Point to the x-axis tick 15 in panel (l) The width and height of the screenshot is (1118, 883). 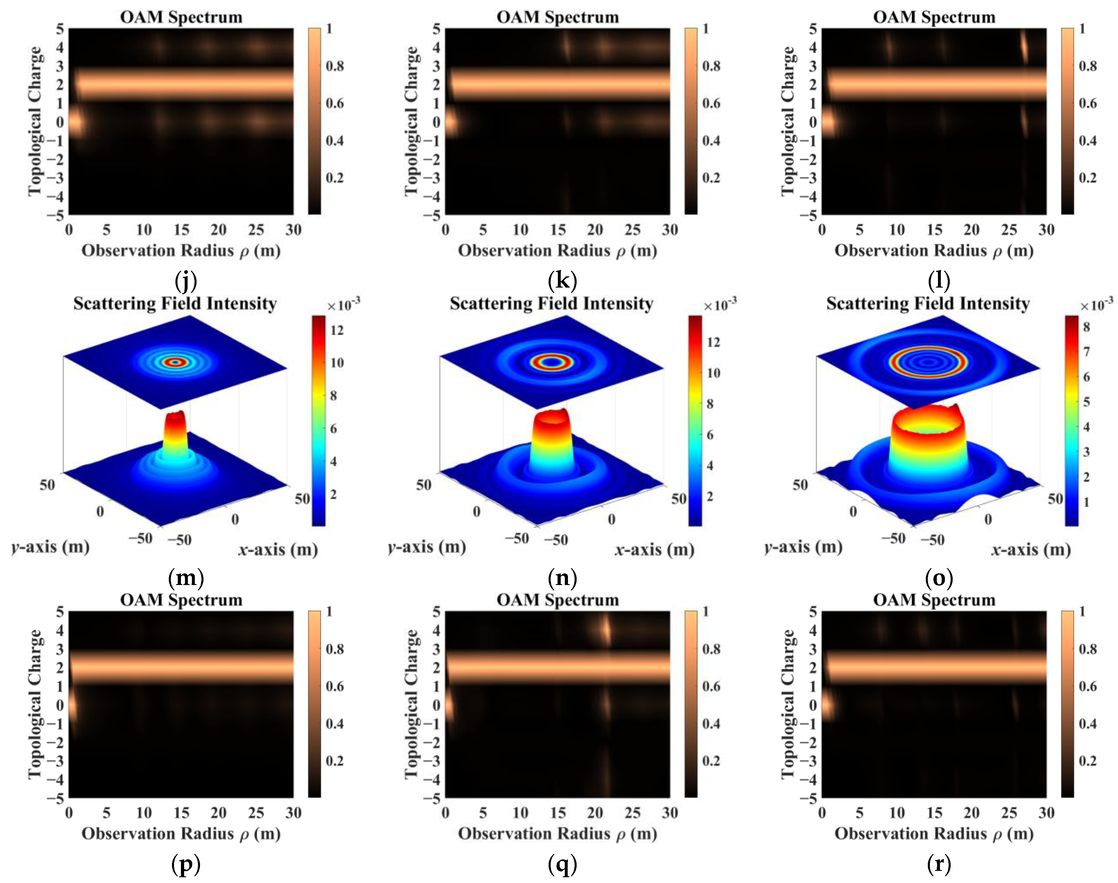pyautogui.click(x=934, y=229)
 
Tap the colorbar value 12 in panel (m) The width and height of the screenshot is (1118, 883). pyautogui.click(x=337, y=330)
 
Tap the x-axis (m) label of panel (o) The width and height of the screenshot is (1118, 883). pyautogui.click(x=1031, y=549)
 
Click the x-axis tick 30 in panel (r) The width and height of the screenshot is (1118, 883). pyautogui.click(x=1046, y=813)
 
